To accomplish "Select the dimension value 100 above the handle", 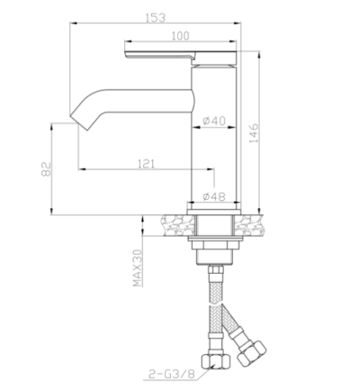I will (181, 35).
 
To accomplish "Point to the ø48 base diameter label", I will (214, 196).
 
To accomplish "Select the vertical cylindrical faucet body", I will (214, 144).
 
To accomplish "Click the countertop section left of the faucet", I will (175, 222).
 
